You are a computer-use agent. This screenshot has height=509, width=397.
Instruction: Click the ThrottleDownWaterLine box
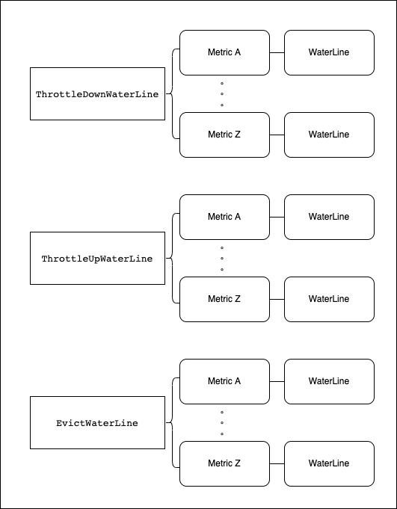point(97,94)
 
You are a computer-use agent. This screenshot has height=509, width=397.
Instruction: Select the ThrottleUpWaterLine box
point(97,258)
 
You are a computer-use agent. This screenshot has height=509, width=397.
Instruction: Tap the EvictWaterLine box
point(97,422)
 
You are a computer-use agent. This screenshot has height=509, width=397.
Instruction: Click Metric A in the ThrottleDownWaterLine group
point(224,52)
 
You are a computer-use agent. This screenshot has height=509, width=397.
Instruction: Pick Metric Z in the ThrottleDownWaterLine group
point(224,135)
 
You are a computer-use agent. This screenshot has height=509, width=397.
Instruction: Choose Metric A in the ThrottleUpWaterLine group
point(224,218)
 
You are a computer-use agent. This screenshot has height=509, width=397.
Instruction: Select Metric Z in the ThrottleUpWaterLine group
point(224,299)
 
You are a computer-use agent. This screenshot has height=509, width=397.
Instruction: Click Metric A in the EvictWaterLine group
point(224,381)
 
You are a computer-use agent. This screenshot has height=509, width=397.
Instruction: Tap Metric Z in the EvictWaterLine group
point(224,463)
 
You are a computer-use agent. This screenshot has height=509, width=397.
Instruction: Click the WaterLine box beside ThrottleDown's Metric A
point(329,52)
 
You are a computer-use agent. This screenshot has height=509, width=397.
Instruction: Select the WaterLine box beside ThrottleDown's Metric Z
point(329,135)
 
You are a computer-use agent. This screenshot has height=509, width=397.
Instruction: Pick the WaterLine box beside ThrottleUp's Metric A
point(329,218)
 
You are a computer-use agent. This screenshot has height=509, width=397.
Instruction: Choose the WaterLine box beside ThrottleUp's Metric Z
point(329,299)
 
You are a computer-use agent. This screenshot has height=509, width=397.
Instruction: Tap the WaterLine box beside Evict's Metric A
point(329,381)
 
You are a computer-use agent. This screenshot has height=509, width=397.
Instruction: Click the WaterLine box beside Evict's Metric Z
point(329,463)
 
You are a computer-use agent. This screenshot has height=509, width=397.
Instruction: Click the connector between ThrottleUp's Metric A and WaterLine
point(277,218)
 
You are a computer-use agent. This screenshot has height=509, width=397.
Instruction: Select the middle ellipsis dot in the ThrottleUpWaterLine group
point(222,259)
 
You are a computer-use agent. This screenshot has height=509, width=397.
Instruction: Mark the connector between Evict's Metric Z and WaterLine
point(277,463)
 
